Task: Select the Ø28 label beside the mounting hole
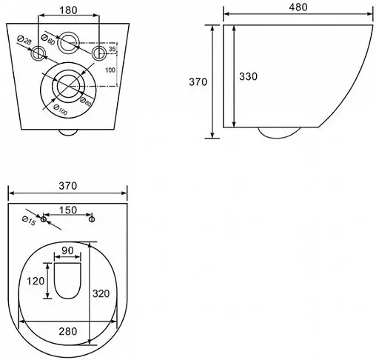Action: (x=21, y=40)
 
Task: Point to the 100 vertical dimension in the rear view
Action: (x=111, y=70)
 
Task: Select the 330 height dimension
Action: (x=248, y=76)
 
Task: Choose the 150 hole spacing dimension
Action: (x=68, y=210)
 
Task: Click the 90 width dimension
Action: (x=67, y=251)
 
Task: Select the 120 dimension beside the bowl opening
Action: (x=34, y=281)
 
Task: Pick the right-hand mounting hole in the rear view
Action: (x=99, y=53)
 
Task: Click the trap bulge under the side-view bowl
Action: (x=279, y=133)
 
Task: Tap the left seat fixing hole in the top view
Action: (x=44, y=220)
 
